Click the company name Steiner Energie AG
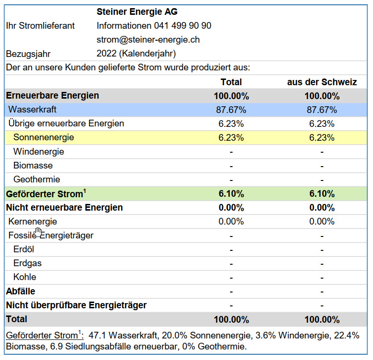pos(137,11)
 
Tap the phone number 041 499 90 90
pos(183,26)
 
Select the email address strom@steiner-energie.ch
pos(148,40)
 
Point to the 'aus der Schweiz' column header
pos(322,82)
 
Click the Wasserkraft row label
pos(33,109)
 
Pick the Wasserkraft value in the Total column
pos(231,110)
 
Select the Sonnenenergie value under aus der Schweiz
pos(322,138)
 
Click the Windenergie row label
pos(38,152)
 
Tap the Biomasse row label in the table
pos(33,166)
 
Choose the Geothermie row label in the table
pos(37,180)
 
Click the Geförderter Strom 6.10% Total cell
pos(231,194)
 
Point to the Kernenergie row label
pos(33,222)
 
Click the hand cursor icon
pos(38,232)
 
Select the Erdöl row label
pos(23,249)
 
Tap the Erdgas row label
pos(27,263)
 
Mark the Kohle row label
pos(25,277)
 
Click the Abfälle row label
pos(21,291)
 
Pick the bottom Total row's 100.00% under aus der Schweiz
pos(322,320)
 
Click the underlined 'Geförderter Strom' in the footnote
pos(42,335)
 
